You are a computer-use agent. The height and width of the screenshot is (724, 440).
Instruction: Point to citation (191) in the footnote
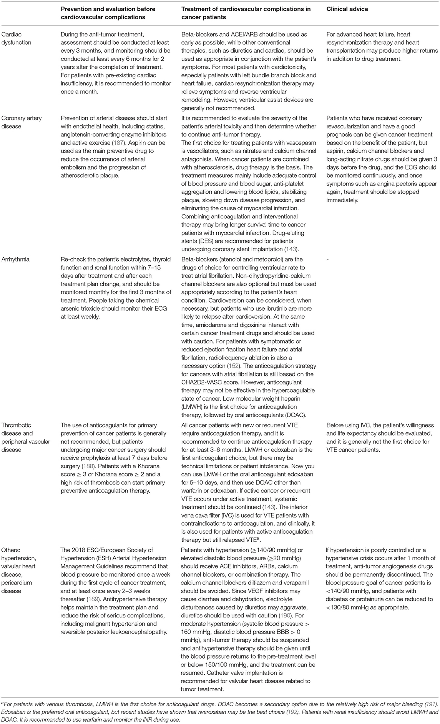pyautogui.click(x=430, y=704)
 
